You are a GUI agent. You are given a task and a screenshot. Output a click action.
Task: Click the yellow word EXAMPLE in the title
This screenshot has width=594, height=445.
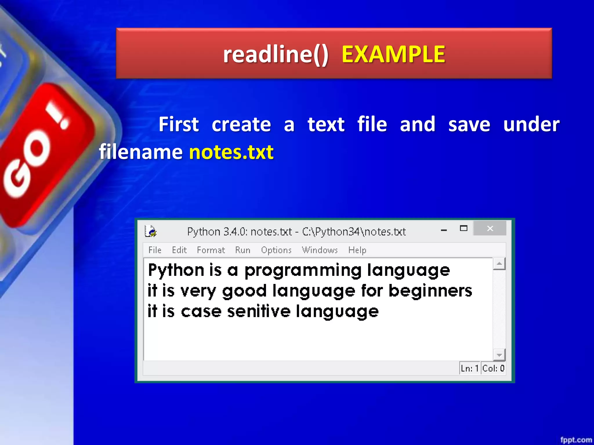tap(393, 54)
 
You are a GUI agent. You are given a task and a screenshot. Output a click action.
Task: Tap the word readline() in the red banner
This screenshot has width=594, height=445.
tap(276, 54)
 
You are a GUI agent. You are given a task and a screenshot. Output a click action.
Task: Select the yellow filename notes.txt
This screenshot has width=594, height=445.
tap(231, 152)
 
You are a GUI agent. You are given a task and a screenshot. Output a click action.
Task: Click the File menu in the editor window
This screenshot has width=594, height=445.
tap(155, 250)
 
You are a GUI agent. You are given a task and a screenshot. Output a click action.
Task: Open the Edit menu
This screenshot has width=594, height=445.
tap(179, 250)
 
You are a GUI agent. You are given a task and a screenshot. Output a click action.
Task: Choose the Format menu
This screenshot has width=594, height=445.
tap(211, 250)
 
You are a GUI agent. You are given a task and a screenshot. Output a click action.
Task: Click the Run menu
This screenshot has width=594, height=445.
tap(242, 250)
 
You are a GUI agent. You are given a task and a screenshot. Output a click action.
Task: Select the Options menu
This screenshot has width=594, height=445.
tap(276, 250)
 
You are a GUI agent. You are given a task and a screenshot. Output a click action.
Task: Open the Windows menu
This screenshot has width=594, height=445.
tap(320, 250)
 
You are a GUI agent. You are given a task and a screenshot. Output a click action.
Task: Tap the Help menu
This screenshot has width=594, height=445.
tap(357, 250)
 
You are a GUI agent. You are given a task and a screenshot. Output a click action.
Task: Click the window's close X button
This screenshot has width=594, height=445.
tap(490, 229)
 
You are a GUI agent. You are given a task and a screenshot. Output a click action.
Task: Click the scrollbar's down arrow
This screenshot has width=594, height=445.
tap(499, 355)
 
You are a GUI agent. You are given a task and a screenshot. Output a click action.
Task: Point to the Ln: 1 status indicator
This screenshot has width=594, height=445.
tap(469, 369)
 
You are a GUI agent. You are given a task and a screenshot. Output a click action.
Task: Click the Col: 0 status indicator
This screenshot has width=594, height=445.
tap(493, 369)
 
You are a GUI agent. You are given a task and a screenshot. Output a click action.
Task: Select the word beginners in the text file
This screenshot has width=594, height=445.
tap(430, 291)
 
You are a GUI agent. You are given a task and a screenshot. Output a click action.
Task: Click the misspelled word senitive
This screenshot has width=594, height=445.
tap(259, 312)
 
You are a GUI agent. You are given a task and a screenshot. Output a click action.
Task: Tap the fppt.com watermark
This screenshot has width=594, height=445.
tap(576, 440)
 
